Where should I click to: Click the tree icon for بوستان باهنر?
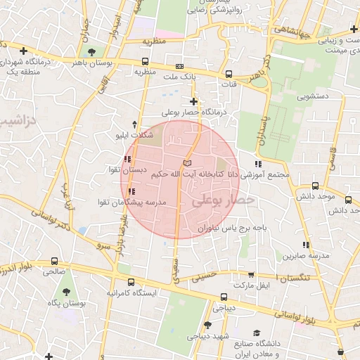coord(91,51)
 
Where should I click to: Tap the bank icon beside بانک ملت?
coord(179,66)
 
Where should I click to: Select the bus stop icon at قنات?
coord(229,74)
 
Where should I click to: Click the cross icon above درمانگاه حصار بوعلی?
coord(193,101)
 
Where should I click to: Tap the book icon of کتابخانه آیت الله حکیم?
coord(186,163)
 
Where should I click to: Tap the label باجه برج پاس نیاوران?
coord(231,229)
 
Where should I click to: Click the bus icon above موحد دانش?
coord(315,186)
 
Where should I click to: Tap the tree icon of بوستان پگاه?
coord(67,291)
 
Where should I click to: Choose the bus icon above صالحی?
coord(55,259)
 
